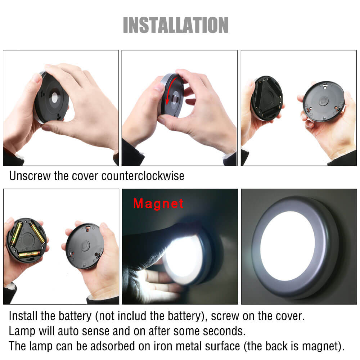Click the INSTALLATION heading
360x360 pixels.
(x=176, y=25)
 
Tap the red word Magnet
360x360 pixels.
(x=158, y=204)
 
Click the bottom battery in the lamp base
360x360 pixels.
(x=29, y=254)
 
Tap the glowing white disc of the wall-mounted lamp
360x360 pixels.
(x=287, y=246)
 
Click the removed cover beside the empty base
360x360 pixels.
(x=324, y=101)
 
